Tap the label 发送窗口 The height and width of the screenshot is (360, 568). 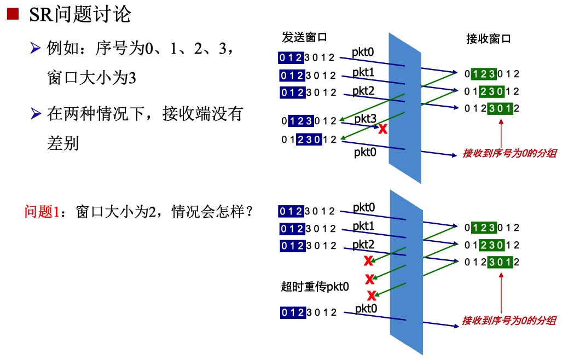pos(304,38)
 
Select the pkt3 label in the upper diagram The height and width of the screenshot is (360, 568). pos(365,119)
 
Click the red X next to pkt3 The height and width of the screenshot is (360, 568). pos(383,130)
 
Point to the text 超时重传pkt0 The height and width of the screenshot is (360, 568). pos(315,286)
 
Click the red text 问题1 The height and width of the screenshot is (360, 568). pos(41,212)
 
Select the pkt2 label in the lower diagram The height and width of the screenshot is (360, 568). pos(364,244)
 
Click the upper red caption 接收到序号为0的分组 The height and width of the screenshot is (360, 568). pos(509,153)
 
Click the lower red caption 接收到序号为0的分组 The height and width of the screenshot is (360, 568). pos(509,321)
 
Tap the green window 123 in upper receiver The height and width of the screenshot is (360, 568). pos(484,74)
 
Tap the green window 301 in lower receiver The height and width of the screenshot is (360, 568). pos(500,262)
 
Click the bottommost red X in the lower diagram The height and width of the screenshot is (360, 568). pos(372,296)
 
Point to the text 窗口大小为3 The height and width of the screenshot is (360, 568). pos(91,78)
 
